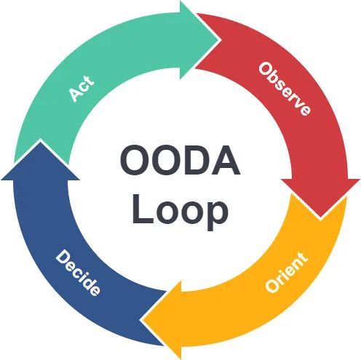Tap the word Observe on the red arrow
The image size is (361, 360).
(285, 89)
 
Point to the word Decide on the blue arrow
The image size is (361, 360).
(78, 273)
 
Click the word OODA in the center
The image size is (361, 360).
(180, 161)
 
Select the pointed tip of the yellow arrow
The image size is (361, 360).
(143, 320)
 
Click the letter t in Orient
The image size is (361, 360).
(302, 256)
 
